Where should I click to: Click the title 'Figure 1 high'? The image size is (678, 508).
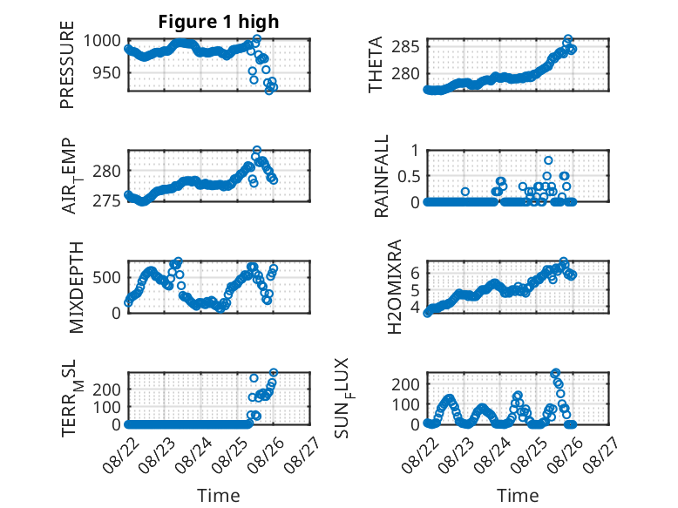(219, 22)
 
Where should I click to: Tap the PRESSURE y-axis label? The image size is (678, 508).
(67, 64)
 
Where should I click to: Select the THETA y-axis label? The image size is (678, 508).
(376, 64)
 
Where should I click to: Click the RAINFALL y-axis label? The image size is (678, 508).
(382, 176)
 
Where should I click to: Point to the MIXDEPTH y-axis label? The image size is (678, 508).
(76, 288)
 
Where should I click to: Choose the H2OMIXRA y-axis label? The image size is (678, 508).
(395, 287)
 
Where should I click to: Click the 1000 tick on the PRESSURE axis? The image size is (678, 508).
(102, 41)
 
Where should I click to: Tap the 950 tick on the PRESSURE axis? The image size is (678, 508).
(106, 73)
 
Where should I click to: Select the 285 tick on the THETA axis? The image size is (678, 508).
(405, 46)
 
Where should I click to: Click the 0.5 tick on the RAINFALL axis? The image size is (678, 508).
(408, 176)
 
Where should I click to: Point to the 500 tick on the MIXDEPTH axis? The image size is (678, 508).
(106, 278)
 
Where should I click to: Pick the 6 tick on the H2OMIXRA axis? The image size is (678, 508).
(415, 274)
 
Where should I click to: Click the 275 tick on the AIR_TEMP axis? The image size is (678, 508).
(106, 200)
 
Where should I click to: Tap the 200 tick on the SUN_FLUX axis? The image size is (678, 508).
(405, 384)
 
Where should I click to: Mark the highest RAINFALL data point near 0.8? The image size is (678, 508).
(548, 160)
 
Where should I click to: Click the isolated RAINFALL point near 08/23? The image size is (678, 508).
(465, 192)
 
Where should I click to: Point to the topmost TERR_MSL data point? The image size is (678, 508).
(274, 372)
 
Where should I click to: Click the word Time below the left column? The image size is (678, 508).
(219, 496)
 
